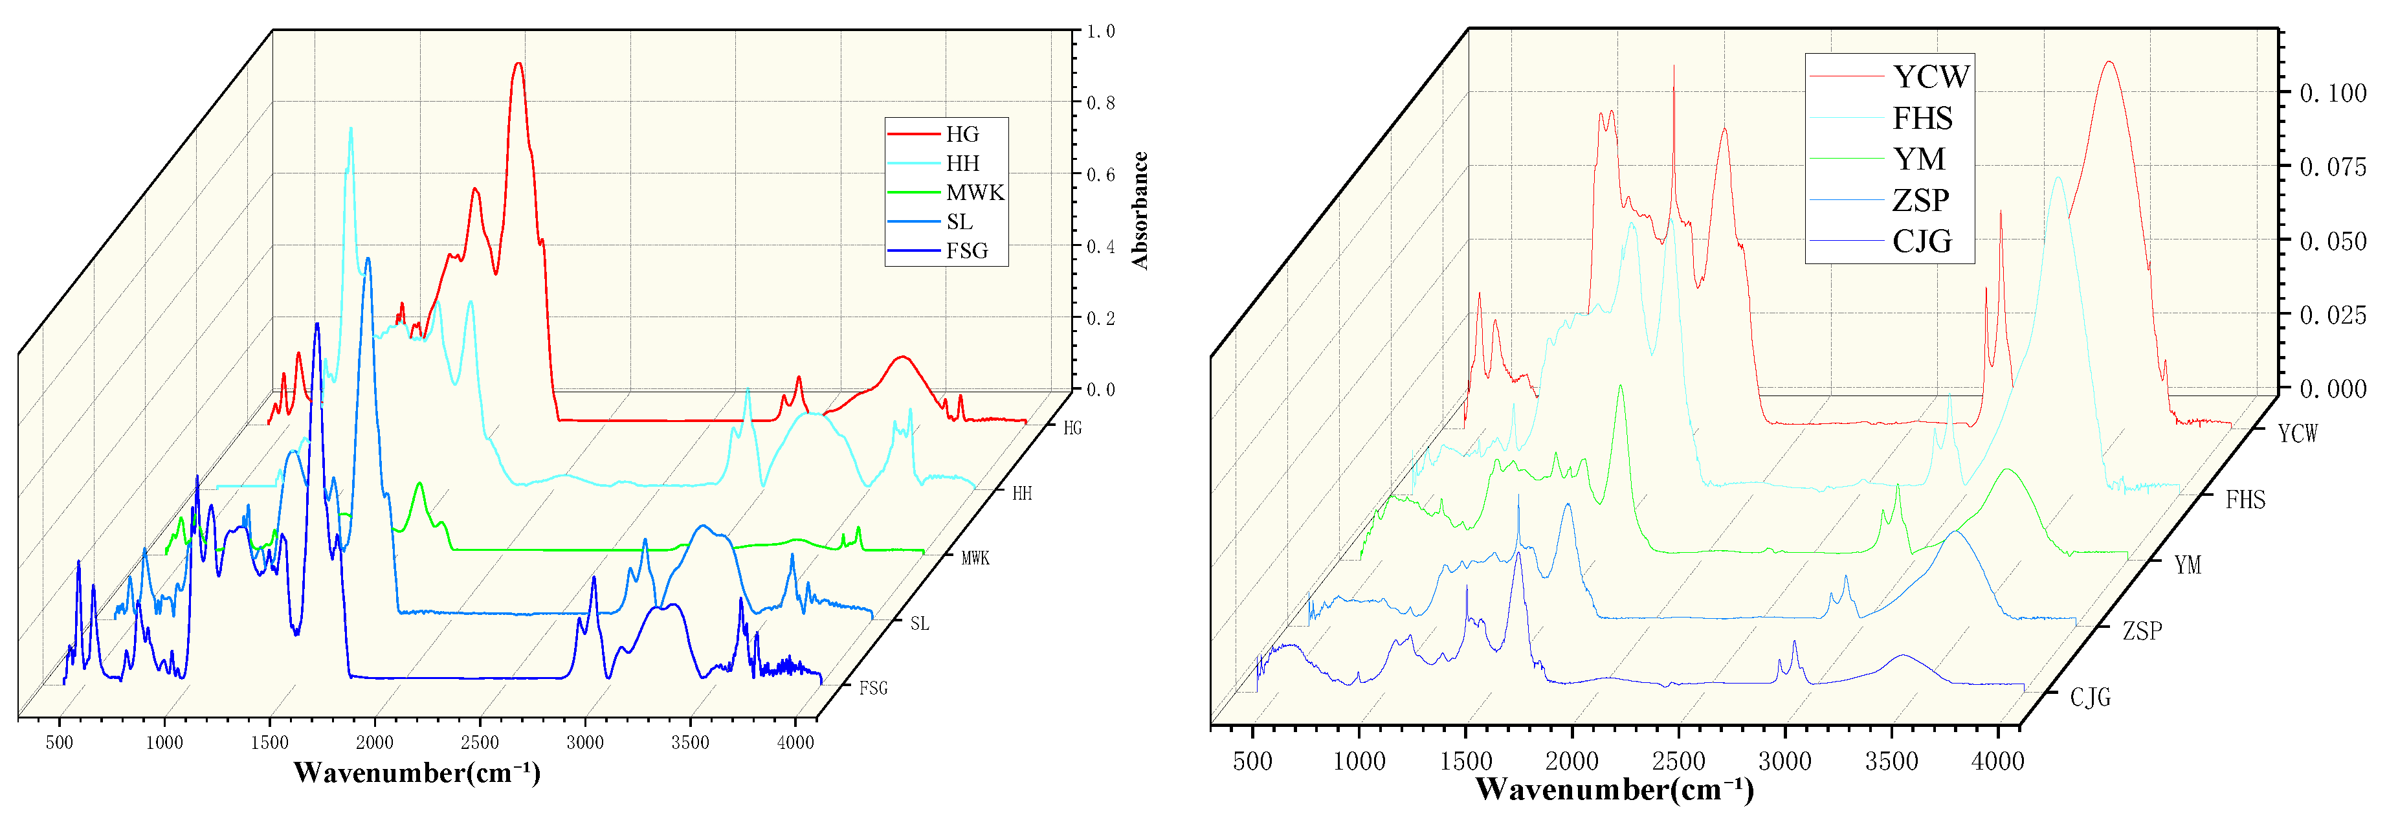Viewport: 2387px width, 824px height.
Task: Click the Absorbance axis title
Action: coord(1140,210)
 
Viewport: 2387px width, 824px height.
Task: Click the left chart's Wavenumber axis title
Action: coord(417,772)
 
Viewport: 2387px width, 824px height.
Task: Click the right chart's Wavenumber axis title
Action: coord(1614,789)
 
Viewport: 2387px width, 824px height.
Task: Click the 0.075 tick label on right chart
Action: coord(2333,167)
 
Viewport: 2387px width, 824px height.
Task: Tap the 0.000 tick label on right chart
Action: coord(2333,389)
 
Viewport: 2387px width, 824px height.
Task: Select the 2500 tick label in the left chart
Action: coord(480,742)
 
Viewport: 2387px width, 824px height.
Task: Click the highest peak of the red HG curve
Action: coord(518,64)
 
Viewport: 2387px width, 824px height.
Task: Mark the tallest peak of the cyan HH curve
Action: coord(350,129)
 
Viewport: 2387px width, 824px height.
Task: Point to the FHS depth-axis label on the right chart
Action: coord(2245,500)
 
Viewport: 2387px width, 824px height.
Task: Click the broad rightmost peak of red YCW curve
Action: coord(2110,62)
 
